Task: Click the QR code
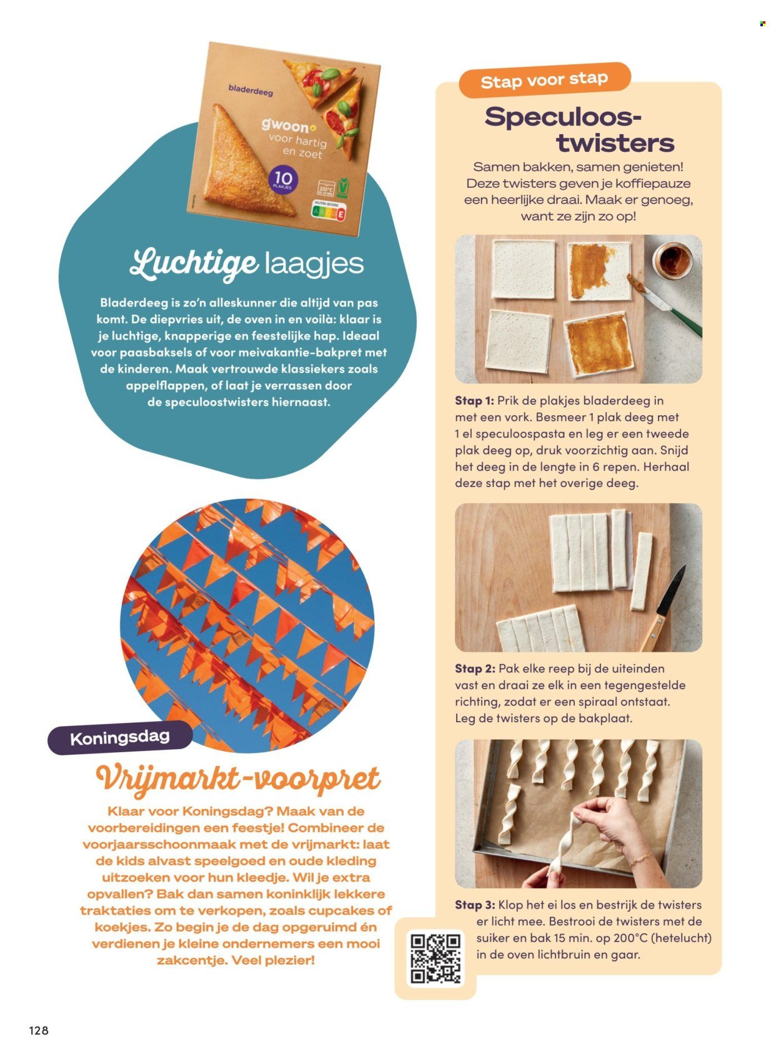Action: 435,958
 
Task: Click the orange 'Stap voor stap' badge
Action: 544,80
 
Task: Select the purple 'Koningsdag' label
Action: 120,738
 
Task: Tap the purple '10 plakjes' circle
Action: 284,180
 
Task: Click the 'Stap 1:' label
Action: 474,401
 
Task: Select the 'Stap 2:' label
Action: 475,669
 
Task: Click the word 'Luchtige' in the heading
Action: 194,265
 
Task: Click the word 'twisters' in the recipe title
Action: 615,142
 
